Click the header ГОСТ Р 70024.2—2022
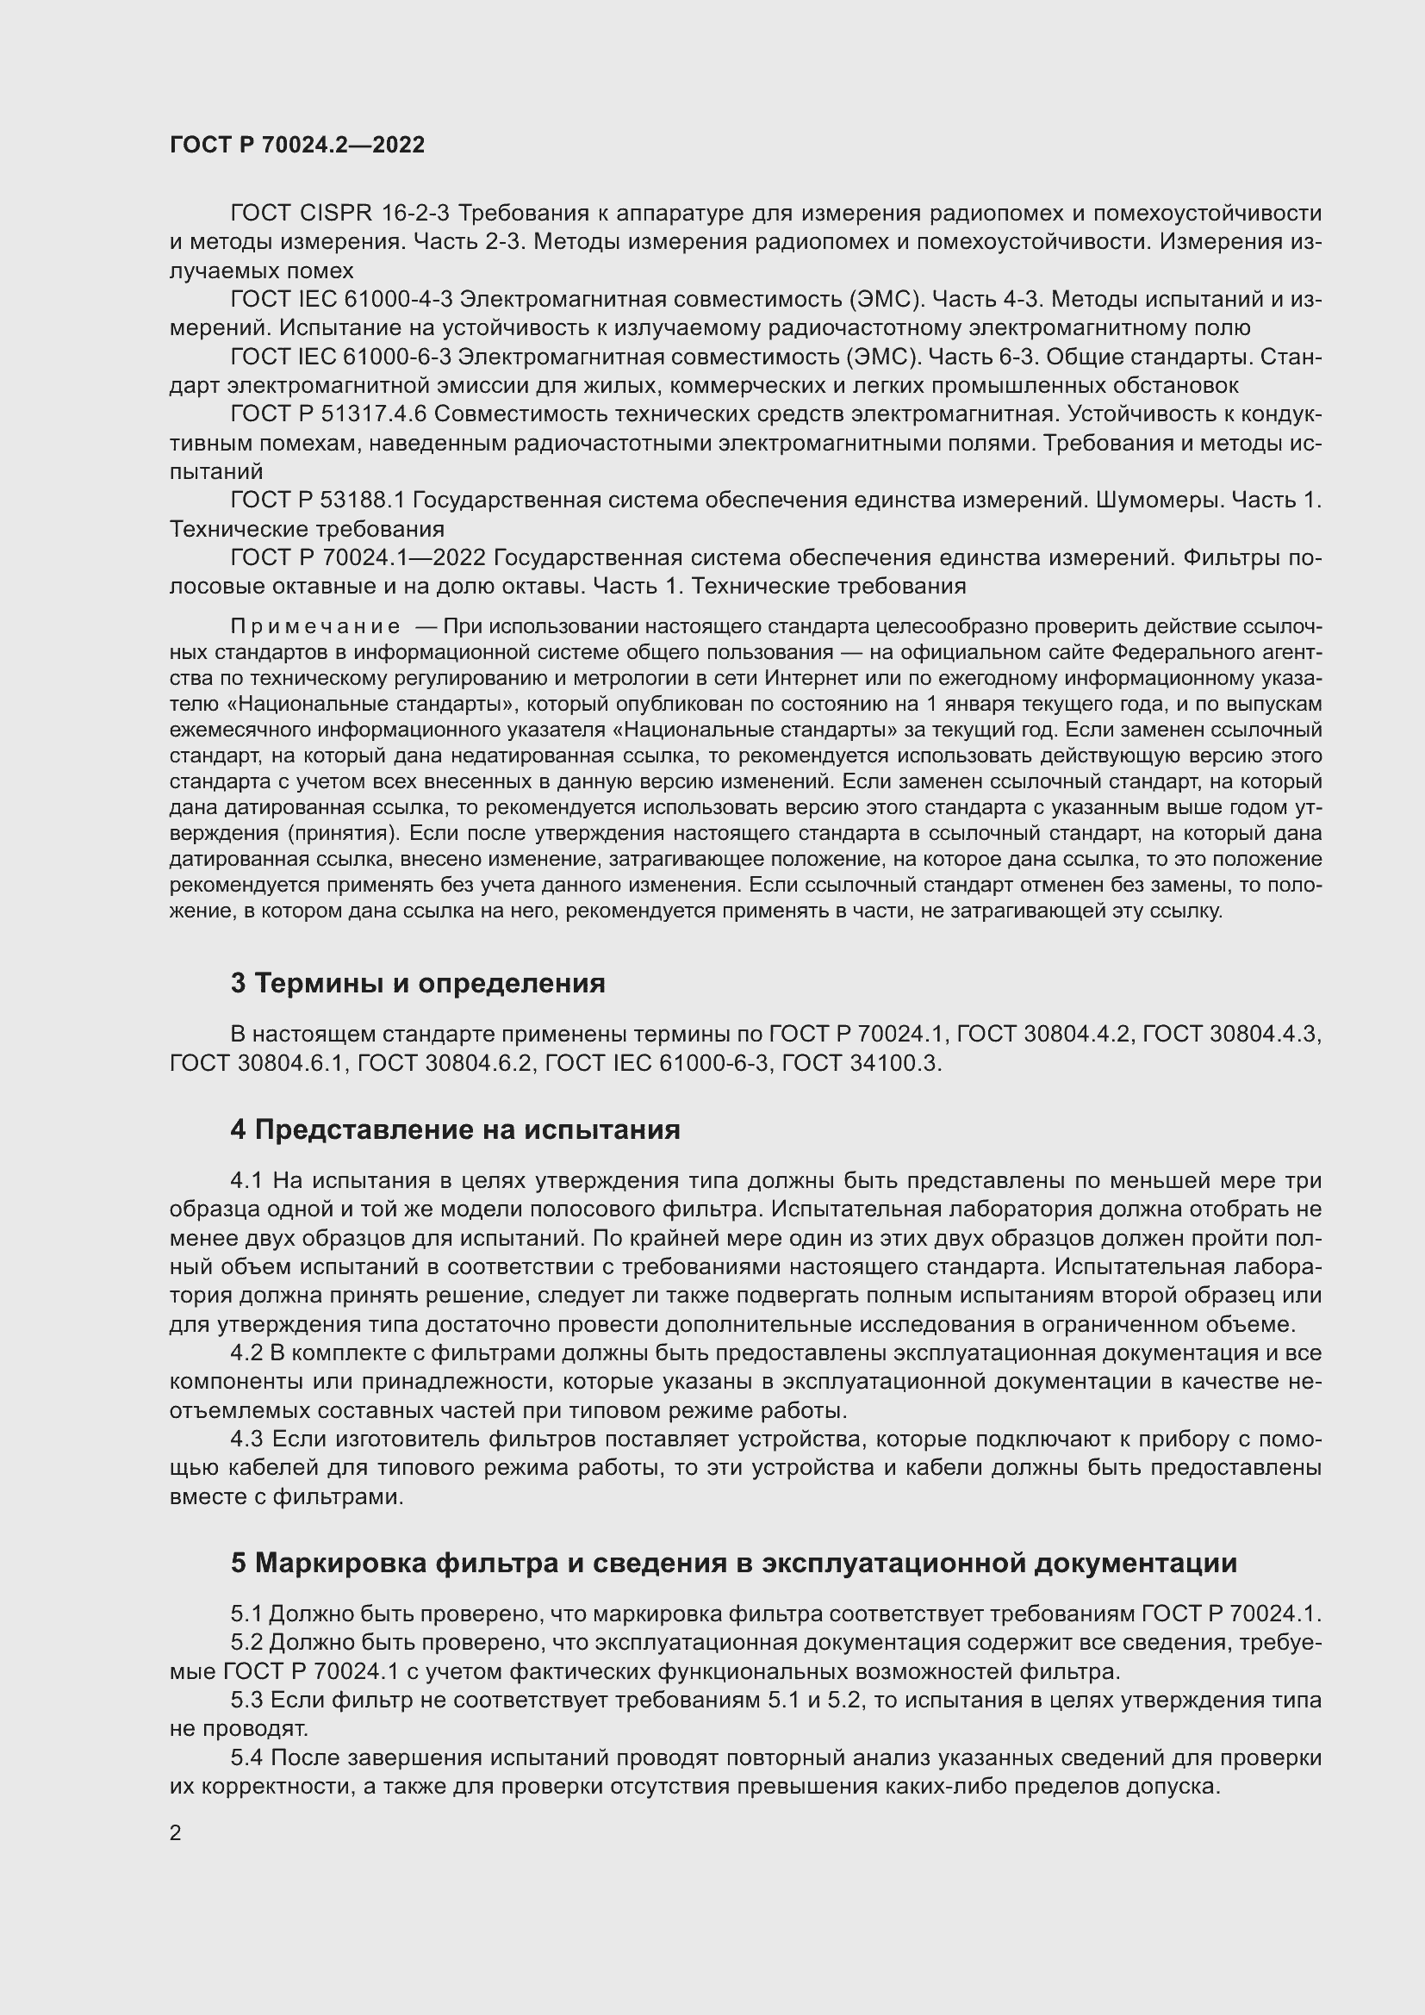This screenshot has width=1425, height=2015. [296, 146]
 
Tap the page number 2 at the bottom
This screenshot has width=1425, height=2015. [176, 1832]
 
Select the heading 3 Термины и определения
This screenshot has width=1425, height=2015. [418, 984]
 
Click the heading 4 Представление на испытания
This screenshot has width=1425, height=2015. [456, 1129]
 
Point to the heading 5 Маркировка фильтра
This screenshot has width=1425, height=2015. [733, 1563]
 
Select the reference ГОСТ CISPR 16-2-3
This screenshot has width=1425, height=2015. [341, 214]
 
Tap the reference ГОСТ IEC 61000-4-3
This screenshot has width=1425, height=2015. [341, 299]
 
